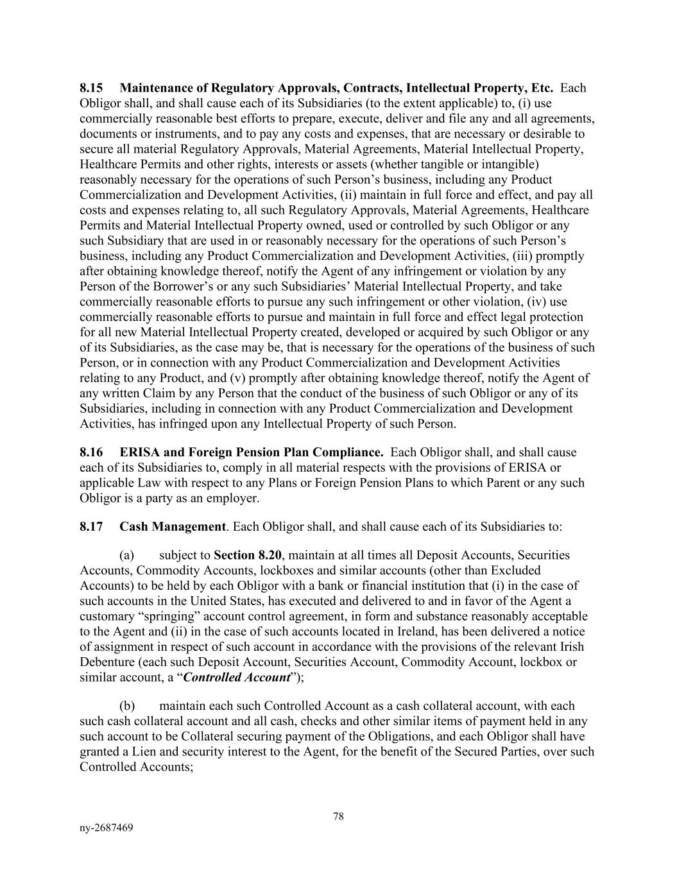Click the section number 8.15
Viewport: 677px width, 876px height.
coord(91,88)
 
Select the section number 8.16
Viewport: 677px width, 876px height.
coord(91,452)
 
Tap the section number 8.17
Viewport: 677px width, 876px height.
coord(91,527)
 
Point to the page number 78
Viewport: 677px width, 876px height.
coord(339,816)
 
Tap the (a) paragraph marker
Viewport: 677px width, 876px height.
coord(126,555)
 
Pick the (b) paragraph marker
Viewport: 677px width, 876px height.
coord(127,706)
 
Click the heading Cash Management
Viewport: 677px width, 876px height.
coord(173,527)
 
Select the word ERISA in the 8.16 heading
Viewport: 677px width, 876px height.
coord(139,452)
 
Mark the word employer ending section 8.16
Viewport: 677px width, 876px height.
coord(235,499)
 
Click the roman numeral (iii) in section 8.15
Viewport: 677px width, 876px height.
coord(525,256)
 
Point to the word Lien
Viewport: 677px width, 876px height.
coord(153,751)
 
